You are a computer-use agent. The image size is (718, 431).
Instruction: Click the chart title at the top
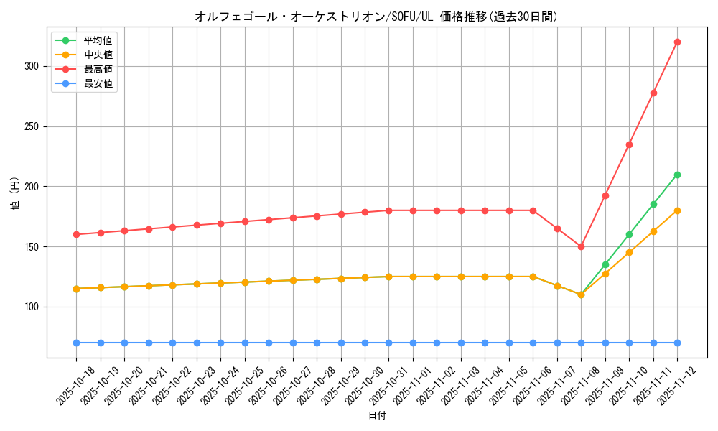tap(376, 17)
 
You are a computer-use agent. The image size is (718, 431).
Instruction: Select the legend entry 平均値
tap(98, 40)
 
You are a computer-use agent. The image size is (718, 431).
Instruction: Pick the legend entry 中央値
tap(98, 55)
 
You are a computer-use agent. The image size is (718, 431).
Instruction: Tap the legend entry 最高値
tap(98, 69)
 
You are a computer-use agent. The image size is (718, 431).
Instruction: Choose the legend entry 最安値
tap(98, 83)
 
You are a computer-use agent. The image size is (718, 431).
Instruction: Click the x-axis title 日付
tap(377, 416)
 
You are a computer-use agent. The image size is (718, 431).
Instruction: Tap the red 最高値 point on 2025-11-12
tap(677, 42)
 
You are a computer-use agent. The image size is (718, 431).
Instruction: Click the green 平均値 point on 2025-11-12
tap(677, 175)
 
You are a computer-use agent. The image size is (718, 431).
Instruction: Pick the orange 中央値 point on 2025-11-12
tap(677, 210)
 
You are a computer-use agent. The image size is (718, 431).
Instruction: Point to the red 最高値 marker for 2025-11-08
tap(581, 246)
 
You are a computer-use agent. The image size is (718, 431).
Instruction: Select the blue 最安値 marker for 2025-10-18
tap(76, 343)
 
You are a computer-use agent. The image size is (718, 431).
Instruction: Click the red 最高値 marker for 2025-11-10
tap(629, 144)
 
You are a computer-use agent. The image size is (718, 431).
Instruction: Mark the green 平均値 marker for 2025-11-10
tap(629, 234)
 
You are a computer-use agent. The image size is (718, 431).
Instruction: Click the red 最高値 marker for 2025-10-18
tap(76, 234)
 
